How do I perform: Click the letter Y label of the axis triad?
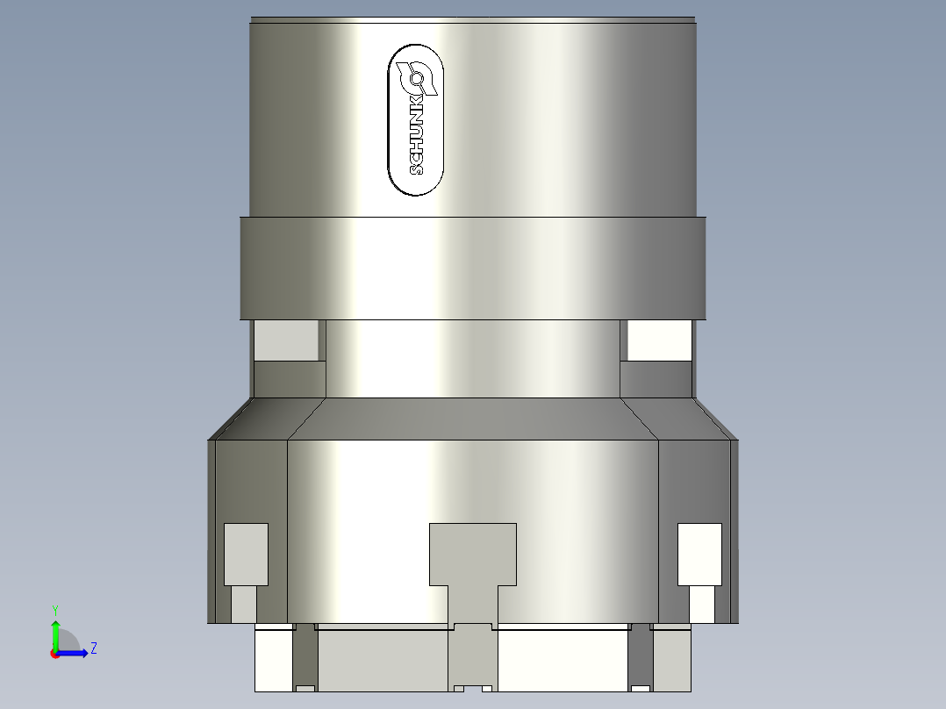coord(54,609)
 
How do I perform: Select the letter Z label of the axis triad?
coord(93,648)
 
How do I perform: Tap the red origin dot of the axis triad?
coord(54,654)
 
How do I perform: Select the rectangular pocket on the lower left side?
coord(246,554)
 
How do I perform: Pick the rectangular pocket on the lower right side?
coord(699,554)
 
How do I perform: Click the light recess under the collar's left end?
coord(286,340)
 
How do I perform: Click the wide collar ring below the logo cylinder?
coord(472,267)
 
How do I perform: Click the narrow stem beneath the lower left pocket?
coord(244,604)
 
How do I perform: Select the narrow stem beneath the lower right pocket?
coord(701,604)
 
